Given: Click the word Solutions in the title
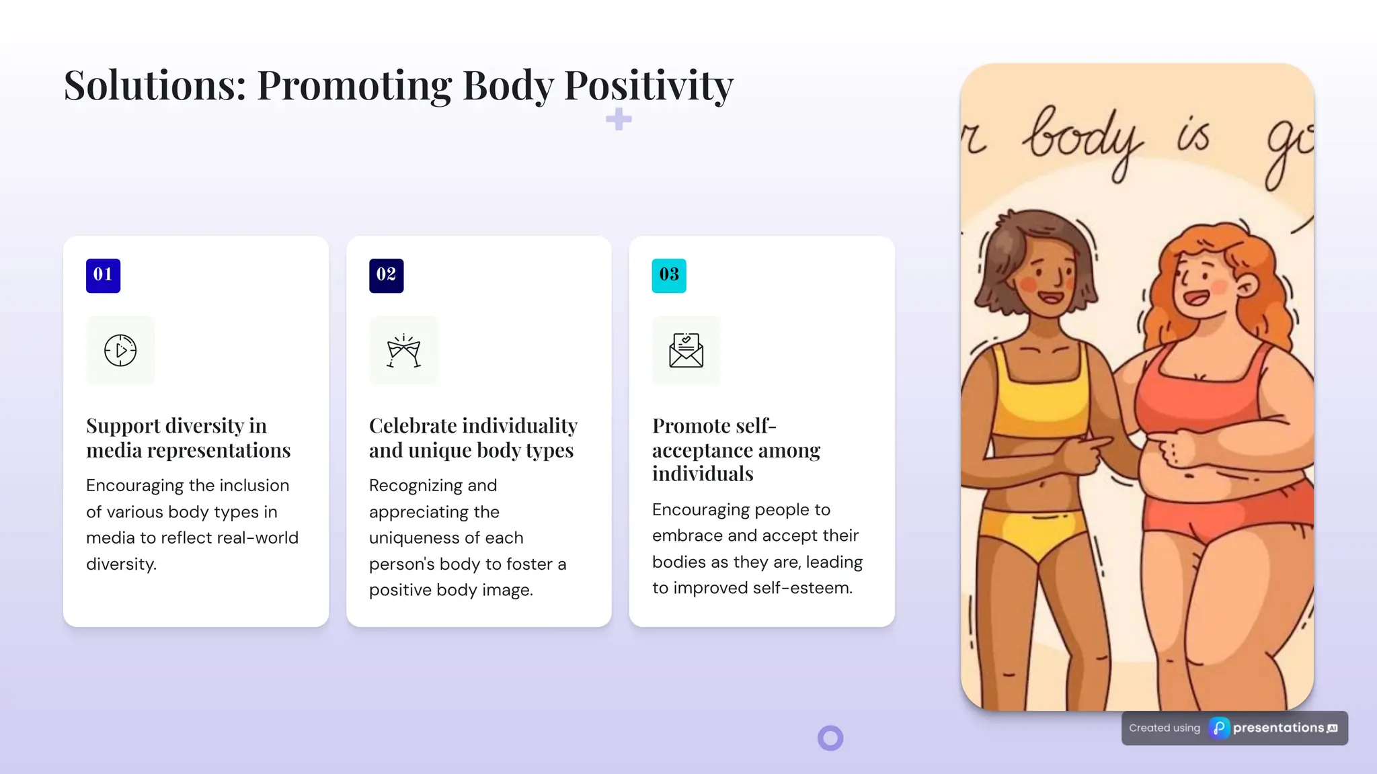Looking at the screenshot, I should (155, 86).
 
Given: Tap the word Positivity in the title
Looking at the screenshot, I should (648, 86).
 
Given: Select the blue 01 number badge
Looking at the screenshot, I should (103, 275).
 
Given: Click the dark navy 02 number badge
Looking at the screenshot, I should (386, 275).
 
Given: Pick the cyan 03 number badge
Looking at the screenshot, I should (669, 275).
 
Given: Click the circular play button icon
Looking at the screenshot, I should (120, 350).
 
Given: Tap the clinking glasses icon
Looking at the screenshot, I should (403, 351).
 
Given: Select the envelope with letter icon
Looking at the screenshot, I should (686, 350).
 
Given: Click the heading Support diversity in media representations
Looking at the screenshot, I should (188, 437).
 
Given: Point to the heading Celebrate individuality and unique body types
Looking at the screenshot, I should (473, 437).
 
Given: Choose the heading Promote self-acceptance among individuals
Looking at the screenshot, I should (736, 449).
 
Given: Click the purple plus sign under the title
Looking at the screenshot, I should (619, 120).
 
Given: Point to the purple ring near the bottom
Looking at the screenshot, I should (830, 738).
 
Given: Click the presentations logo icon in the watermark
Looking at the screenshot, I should (1219, 728).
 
